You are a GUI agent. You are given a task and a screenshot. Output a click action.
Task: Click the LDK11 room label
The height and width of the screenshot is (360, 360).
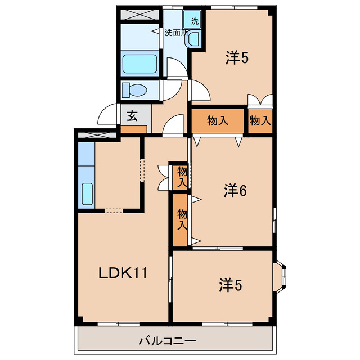tap(123, 273)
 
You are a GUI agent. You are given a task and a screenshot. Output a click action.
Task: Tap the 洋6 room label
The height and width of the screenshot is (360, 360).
tap(235, 191)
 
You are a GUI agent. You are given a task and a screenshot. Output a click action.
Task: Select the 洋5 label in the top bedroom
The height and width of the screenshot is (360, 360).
tap(237, 58)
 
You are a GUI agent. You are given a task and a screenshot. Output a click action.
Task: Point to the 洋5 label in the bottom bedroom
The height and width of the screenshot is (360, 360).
tap(231, 286)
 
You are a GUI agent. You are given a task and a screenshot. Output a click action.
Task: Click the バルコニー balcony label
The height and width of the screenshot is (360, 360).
tap(167, 341)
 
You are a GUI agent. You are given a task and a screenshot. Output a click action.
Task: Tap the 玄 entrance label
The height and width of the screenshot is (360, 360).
tap(132, 116)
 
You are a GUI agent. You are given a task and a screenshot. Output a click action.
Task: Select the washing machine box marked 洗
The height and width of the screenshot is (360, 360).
tap(195, 21)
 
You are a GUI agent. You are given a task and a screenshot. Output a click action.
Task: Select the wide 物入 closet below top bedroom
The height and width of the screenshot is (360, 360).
tap(218, 120)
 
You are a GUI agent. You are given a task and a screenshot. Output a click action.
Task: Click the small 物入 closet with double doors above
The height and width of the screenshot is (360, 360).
tap(260, 120)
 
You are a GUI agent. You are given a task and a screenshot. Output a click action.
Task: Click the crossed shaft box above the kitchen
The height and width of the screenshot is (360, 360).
tap(96, 135)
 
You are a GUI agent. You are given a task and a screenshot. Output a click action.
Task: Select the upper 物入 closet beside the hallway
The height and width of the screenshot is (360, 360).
tap(182, 176)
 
